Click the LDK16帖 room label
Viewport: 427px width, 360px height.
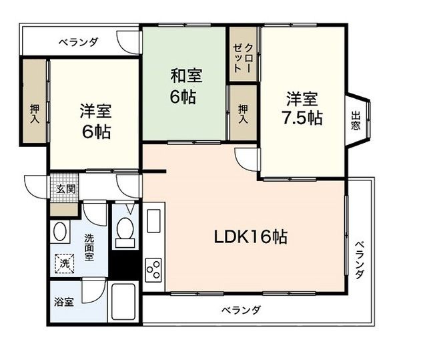[x=251, y=237]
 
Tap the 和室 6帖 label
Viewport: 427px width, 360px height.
[x=186, y=86]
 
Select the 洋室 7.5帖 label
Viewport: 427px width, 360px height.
[x=302, y=109]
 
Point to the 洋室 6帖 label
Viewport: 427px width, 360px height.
[x=96, y=121]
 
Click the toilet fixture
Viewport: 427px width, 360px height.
[x=125, y=232]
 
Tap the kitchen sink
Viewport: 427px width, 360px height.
[x=153, y=220]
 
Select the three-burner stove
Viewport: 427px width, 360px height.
[x=153, y=270]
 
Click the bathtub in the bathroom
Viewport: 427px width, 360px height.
[x=123, y=301]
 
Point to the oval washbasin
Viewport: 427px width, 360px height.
[x=60, y=232]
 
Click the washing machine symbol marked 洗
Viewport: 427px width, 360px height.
[x=65, y=263]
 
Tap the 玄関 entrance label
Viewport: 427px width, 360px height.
[x=65, y=188]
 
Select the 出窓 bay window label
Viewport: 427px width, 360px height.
[x=356, y=120]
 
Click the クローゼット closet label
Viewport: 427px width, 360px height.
[x=243, y=57]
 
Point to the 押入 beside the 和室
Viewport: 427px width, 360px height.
[x=243, y=114]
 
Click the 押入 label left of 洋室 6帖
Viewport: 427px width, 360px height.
[x=34, y=114]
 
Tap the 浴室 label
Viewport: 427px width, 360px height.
[x=64, y=302]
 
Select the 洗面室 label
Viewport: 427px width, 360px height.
[x=89, y=247]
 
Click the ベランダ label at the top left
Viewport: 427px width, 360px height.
[x=78, y=42]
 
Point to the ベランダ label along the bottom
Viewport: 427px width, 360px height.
[x=241, y=310]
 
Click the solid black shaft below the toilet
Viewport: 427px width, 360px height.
[x=124, y=264]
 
